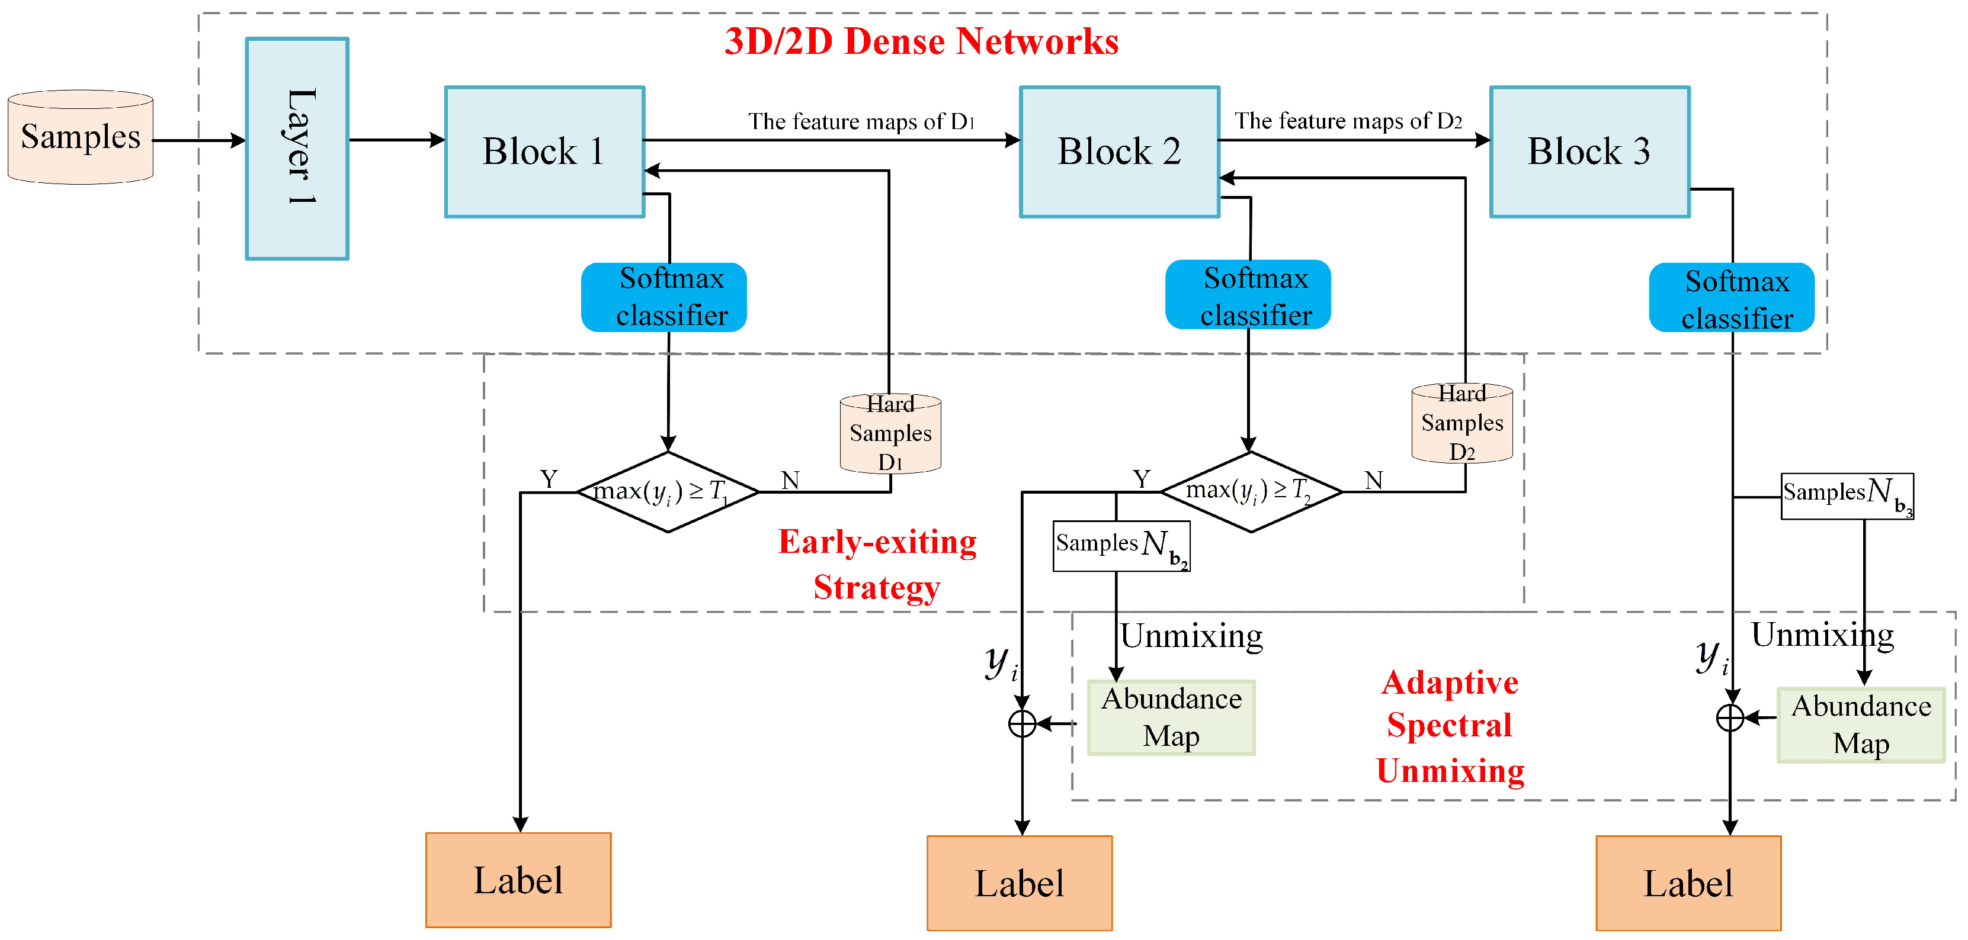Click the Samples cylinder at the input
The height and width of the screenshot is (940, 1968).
[x=80, y=137]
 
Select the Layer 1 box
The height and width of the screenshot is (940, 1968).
[x=297, y=149]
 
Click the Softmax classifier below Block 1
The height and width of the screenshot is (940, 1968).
[x=664, y=297]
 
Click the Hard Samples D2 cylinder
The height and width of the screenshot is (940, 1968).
[x=1461, y=423]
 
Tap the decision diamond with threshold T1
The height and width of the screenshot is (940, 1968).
[x=668, y=492]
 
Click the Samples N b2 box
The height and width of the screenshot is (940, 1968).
[x=1121, y=546]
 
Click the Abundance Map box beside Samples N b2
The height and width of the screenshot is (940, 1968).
[x=1171, y=718]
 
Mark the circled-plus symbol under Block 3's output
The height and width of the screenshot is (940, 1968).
[x=1730, y=718]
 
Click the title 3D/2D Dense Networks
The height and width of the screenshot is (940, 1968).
[x=921, y=41]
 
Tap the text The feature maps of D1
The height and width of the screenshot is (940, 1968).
[x=860, y=121]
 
